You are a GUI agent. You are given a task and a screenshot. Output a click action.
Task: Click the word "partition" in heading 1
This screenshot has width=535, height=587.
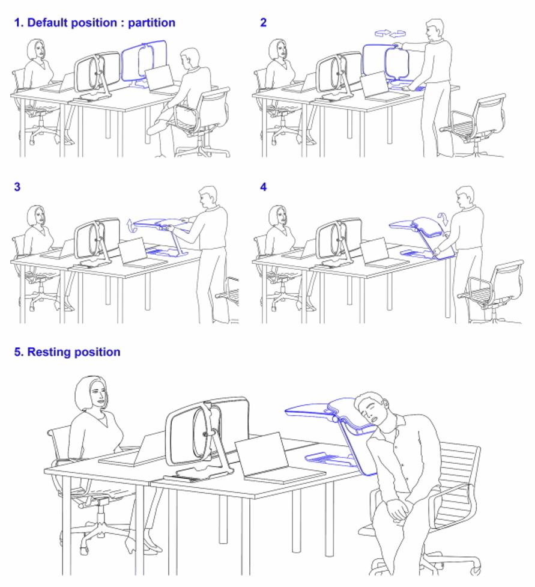click(x=151, y=23)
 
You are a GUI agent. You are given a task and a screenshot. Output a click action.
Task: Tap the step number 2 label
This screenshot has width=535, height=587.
click(x=264, y=22)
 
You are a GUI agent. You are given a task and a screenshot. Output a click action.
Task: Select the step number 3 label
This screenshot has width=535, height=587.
click(x=17, y=187)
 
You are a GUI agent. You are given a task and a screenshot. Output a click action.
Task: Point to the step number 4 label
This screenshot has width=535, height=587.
click(x=264, y=187)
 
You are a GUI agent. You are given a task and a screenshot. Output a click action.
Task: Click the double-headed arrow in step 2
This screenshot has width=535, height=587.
click(x=390, y=34)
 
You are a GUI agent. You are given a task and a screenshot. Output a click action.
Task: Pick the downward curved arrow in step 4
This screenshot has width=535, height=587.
click(x=443, y=219)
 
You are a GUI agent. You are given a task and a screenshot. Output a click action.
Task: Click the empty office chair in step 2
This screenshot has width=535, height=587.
click(x=473, y=125)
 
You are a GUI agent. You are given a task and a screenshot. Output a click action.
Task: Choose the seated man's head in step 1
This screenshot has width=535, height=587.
click(x=190, y=58)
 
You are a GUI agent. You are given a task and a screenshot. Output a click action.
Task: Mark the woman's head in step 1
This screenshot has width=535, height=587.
click(x=37, y=49)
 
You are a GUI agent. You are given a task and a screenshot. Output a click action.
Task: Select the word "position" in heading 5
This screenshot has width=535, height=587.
click(x=97, y=353)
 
